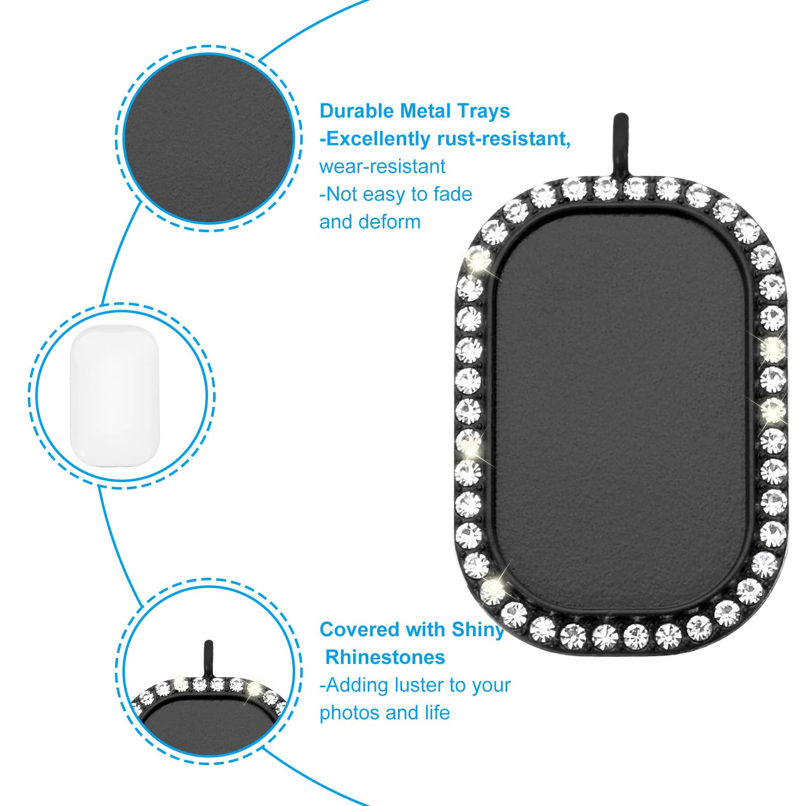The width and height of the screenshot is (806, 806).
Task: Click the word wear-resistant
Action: (x=382, y=166)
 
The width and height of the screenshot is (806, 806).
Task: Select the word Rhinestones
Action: (x=385, y=657)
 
